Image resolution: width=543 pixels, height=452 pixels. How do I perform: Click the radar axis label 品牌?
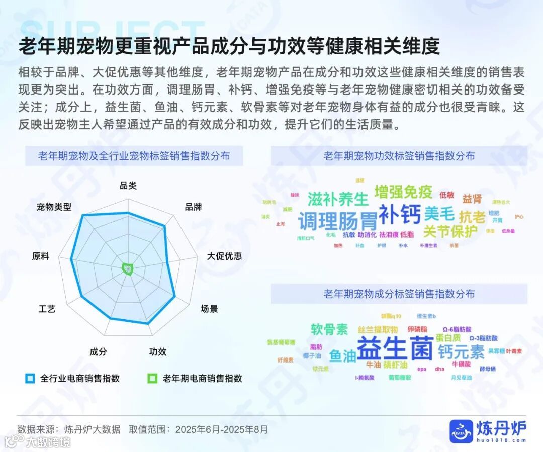pos(193,207)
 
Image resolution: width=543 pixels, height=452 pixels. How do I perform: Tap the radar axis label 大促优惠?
pos(224,256)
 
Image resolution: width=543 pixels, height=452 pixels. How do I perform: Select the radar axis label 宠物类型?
pos(54,207)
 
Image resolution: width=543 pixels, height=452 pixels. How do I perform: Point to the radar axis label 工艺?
pos(47,309)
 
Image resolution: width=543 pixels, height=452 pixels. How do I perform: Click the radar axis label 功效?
pos(158,352)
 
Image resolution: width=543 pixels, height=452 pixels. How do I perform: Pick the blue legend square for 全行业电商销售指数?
pos(30,378)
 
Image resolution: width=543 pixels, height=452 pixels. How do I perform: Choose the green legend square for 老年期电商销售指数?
pos(153,378)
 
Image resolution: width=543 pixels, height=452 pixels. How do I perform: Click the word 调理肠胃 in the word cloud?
pos(337,221)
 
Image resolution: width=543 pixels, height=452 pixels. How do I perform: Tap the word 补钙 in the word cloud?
pos(400,214)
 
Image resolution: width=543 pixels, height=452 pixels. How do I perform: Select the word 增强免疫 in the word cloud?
pos(403,192)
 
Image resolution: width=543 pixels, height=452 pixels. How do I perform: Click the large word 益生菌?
pos(395,348)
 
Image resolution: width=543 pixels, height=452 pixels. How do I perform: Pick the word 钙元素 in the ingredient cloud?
pos(461,351)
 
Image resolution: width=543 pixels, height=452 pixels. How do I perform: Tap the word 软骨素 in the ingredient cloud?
pos(329,329)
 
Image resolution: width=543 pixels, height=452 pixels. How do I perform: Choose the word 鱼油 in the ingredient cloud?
pos(342,356)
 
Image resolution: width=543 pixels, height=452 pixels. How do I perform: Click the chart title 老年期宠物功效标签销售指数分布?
pos(399,156)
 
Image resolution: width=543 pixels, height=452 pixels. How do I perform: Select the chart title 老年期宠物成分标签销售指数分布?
pos(399,294)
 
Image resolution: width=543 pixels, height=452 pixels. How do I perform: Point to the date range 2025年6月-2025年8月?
pos(222,430)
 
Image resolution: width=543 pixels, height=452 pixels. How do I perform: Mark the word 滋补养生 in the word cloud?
pos(338,199)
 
